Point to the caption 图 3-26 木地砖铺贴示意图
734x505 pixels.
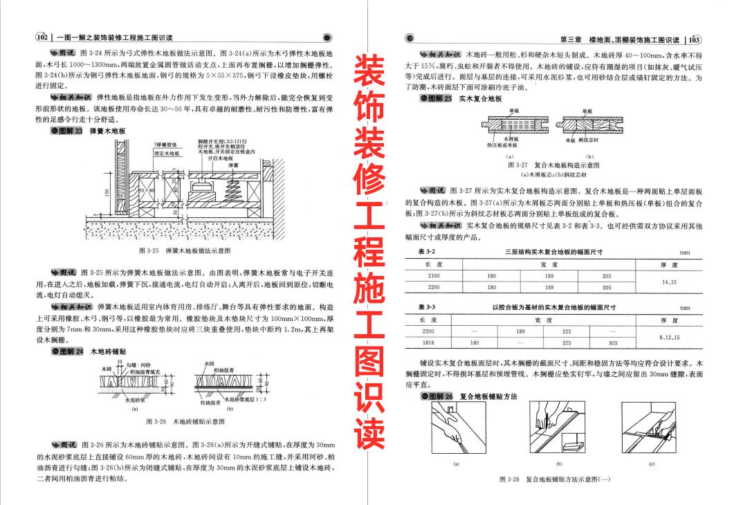pyautogui.click(x=185, y=421)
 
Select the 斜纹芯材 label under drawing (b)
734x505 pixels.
pyautogui.click(x=594, y=140)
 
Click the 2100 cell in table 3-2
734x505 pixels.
pyautogui.click(x=434, y=275)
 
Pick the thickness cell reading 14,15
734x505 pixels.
pyautogui.click(x=669, y=282)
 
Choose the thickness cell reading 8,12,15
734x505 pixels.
pyautogui.click(x=669, y=337)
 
